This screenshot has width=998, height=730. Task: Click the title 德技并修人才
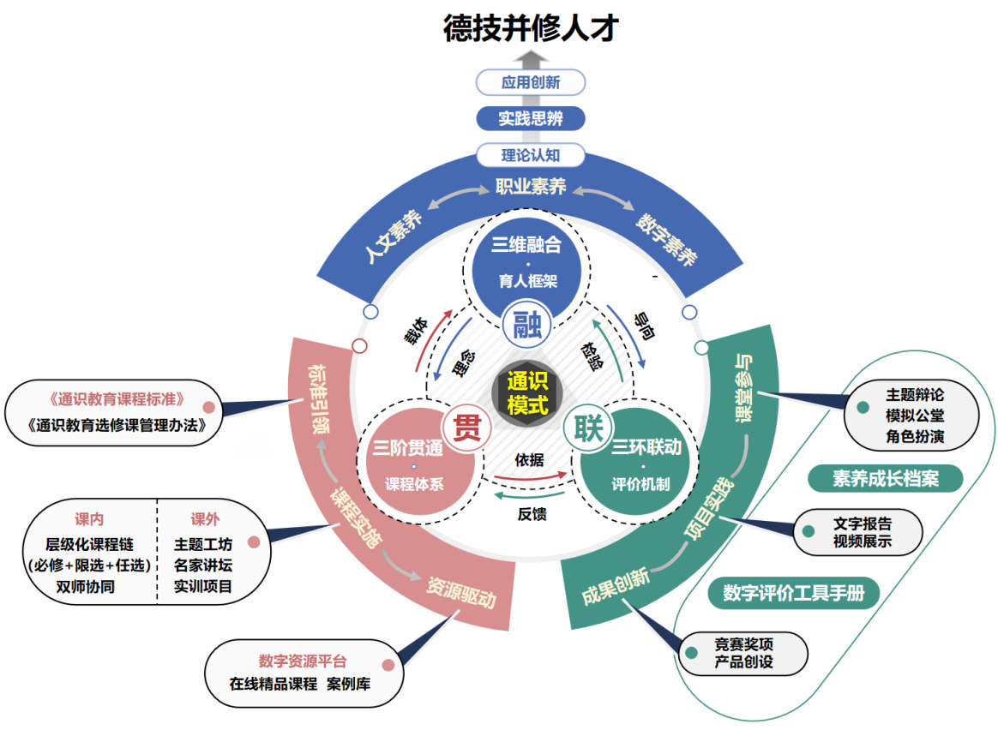pyautogui.click(x=531, y=27)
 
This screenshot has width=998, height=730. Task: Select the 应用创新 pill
pyautogui.click(x=531, y=82)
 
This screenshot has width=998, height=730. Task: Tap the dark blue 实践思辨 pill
pyautogui.click(x=531, y=118)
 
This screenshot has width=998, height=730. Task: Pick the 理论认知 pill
pyautogui.click(x=531, y=155)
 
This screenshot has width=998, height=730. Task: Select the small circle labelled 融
pyautogui.click(x=526, y=324)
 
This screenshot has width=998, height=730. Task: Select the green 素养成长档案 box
pyautogui.click(x=885, y=478)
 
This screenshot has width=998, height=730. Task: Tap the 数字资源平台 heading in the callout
pyautogui.click(x=303, y=661)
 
